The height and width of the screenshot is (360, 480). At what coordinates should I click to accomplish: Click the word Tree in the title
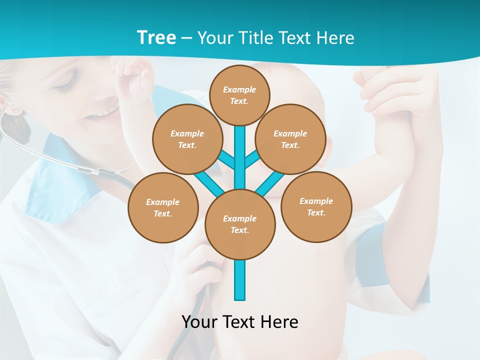[x=156, y=37]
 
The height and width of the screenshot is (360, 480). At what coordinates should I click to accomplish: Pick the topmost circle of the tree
[x=239, y=95]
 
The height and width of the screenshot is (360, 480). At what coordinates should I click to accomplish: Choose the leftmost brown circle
[x=163, y=208]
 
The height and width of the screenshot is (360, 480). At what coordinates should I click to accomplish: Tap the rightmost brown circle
[x=316, y=207]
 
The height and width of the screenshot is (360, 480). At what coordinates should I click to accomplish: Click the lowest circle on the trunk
[x=240, y=224]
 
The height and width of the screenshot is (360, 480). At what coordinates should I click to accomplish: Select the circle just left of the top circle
[x=187, y=139]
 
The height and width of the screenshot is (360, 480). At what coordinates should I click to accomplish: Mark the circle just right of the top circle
[x=290, y=139]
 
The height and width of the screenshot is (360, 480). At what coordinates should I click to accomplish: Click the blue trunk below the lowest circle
[x=240, y=280]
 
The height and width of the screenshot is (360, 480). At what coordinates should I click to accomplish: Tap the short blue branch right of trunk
[x=252, y=159]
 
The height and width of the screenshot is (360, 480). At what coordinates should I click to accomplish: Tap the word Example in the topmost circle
[x=239, y=89]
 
